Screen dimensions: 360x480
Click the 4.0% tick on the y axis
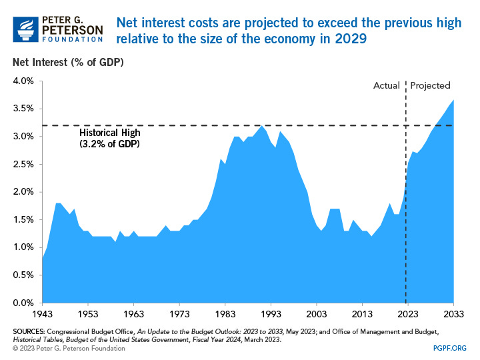click(x=23, y=81)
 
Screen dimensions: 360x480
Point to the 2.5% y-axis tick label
click(x=23, y=164)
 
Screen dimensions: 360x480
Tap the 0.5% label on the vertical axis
click(x=23, y=275)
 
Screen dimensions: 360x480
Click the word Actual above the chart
click(x=386, y=85)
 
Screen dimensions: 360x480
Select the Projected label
click(x=430, y=85)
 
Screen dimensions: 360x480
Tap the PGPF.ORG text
click(x=451, y=347)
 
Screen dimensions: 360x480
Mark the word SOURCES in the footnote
click(x=28, y=331)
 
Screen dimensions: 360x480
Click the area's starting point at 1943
click(x=43, y=259)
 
